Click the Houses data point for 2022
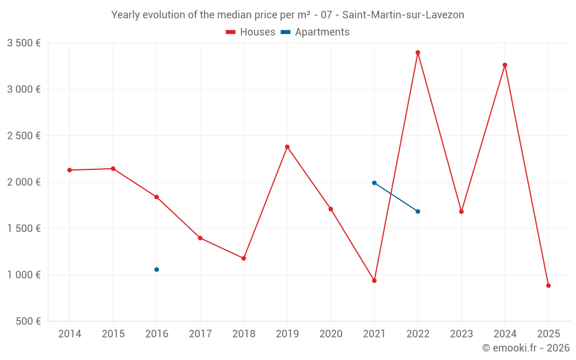point(418,52)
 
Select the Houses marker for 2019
point(287,147)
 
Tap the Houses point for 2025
point(548,286)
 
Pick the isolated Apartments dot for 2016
point(157,270)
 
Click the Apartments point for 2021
point(374,183)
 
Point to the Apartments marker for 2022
point(418,211)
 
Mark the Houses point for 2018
point(244,259)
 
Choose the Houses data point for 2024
point(505,65)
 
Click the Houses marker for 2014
point(70,170)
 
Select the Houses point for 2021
point(374,281)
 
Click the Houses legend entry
point(251,32)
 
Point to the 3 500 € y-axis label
point(24,43)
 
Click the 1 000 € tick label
point(24,275)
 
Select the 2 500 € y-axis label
point(24,136)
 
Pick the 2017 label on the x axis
point(200,334)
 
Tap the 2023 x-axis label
point(461,334)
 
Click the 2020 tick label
point(331,334)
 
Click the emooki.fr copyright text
point(526,348)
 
